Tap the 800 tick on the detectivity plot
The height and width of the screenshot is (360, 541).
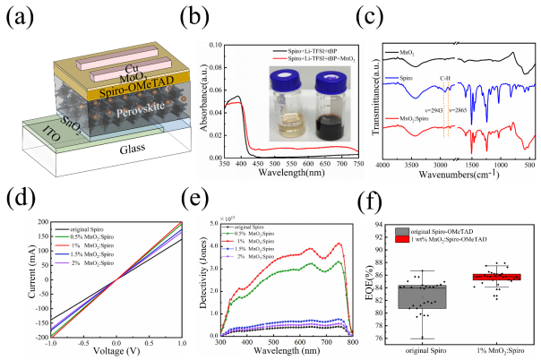[x=354, y=344]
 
